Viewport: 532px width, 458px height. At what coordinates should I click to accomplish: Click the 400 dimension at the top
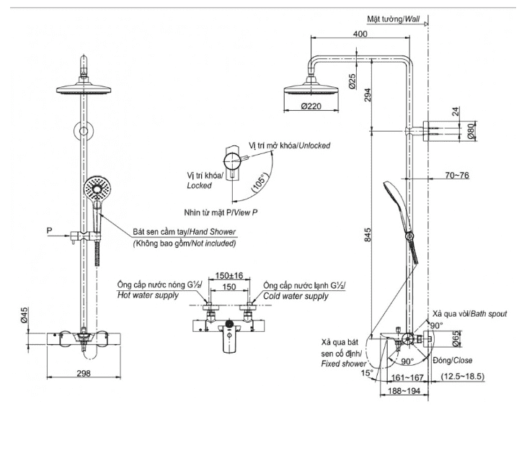tap(360, 34)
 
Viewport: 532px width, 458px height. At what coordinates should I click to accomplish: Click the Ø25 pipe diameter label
tap(351, 81)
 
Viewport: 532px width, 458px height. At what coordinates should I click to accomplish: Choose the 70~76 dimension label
tap(457, 176)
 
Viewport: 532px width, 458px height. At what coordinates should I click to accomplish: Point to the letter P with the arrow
tap(50, 230)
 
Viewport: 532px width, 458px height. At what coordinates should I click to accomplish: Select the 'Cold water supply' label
tap(296, 296)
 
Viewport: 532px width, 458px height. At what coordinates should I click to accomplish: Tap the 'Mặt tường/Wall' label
tap(394, 19)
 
